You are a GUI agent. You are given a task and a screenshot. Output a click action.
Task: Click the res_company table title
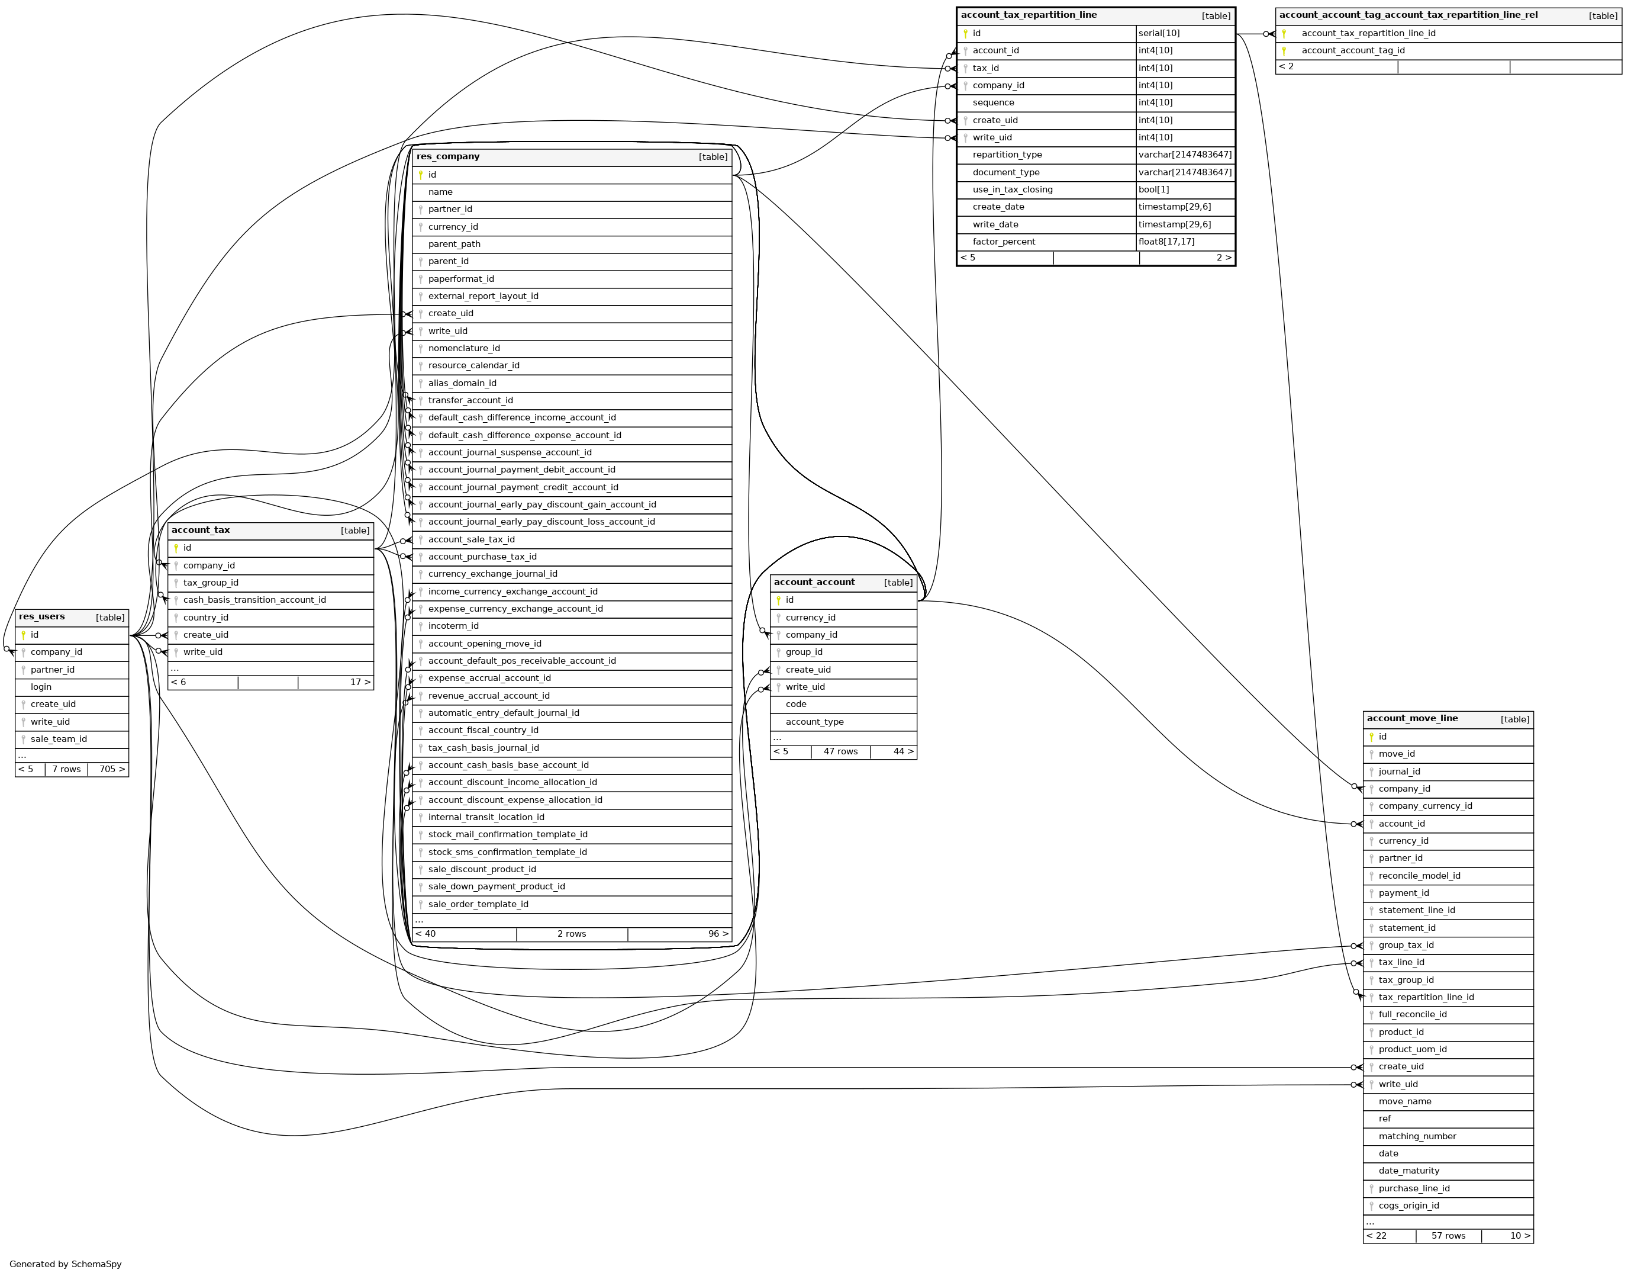tap(448, 157)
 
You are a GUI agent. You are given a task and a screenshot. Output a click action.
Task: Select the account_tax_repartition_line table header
tap(1029, 15)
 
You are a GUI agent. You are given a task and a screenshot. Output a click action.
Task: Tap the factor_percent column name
tap(1004, 242)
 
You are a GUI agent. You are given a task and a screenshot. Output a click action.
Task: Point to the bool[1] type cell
tap(1154, 189)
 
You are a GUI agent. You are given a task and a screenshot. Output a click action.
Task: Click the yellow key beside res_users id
tap(24, 635)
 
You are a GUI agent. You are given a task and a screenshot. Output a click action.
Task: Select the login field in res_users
tap(41, 687)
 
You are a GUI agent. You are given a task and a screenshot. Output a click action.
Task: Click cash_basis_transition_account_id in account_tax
tap(254, 600)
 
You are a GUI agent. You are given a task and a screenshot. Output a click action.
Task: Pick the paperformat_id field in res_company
tap(461, 279)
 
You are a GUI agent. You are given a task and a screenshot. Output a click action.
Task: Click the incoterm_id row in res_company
tap(453, 626)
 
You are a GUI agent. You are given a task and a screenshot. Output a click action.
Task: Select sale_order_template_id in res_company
tap(478, 904)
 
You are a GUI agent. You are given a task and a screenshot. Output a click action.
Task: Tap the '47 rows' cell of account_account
tap(840, 751)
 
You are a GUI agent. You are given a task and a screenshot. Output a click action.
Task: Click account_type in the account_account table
tap(814, 722)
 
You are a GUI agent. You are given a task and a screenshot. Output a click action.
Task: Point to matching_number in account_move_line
tap(1417, 1136)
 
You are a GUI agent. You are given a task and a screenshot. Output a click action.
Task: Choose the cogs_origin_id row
tap(1408, 1206)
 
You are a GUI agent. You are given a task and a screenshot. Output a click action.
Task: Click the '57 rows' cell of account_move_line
tap(1448, 1236)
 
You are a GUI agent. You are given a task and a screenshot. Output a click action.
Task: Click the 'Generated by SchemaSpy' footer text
tap(66, 1264)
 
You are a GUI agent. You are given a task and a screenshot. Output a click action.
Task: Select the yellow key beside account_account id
tap(778, 600)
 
